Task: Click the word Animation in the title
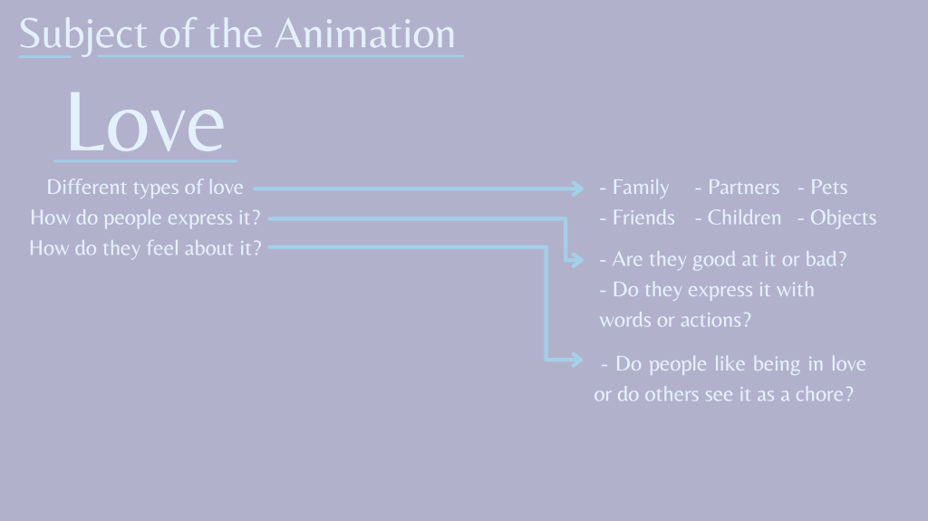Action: [x=365, y=34]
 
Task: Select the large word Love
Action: [x=146, y=122]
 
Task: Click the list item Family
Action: [x=641, y=187]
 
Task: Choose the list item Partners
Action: [x=743, y=187]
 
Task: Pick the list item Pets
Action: [x=828, y=187]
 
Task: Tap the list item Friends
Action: [x=643, y=217]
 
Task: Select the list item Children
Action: [x=744, y=217]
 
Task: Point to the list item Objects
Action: [x=843, y=218]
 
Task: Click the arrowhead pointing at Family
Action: [x=578, y=188]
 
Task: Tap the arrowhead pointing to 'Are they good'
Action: [x=577, y=259]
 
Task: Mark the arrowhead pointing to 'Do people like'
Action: [x=577, y=360]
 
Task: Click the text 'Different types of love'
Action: [x=145, y=188]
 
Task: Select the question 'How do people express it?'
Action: [x=145, y=218]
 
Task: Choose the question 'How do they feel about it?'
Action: [x=145, y=248]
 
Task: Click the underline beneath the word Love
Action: [x=145, y=160]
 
